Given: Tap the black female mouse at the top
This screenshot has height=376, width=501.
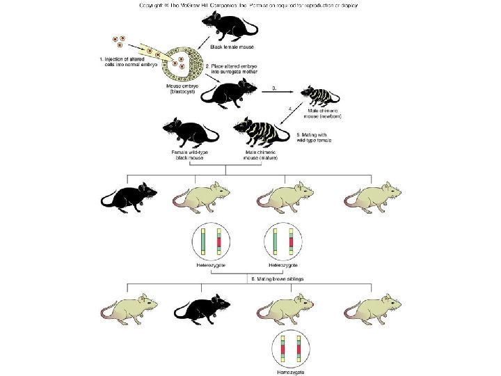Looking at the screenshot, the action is [233, 25].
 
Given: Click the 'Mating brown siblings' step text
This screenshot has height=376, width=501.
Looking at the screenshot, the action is [279, 279].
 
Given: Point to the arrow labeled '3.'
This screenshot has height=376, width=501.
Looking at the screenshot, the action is [278, 90].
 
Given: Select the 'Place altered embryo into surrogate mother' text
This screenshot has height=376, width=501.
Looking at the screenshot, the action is [229, 70].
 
